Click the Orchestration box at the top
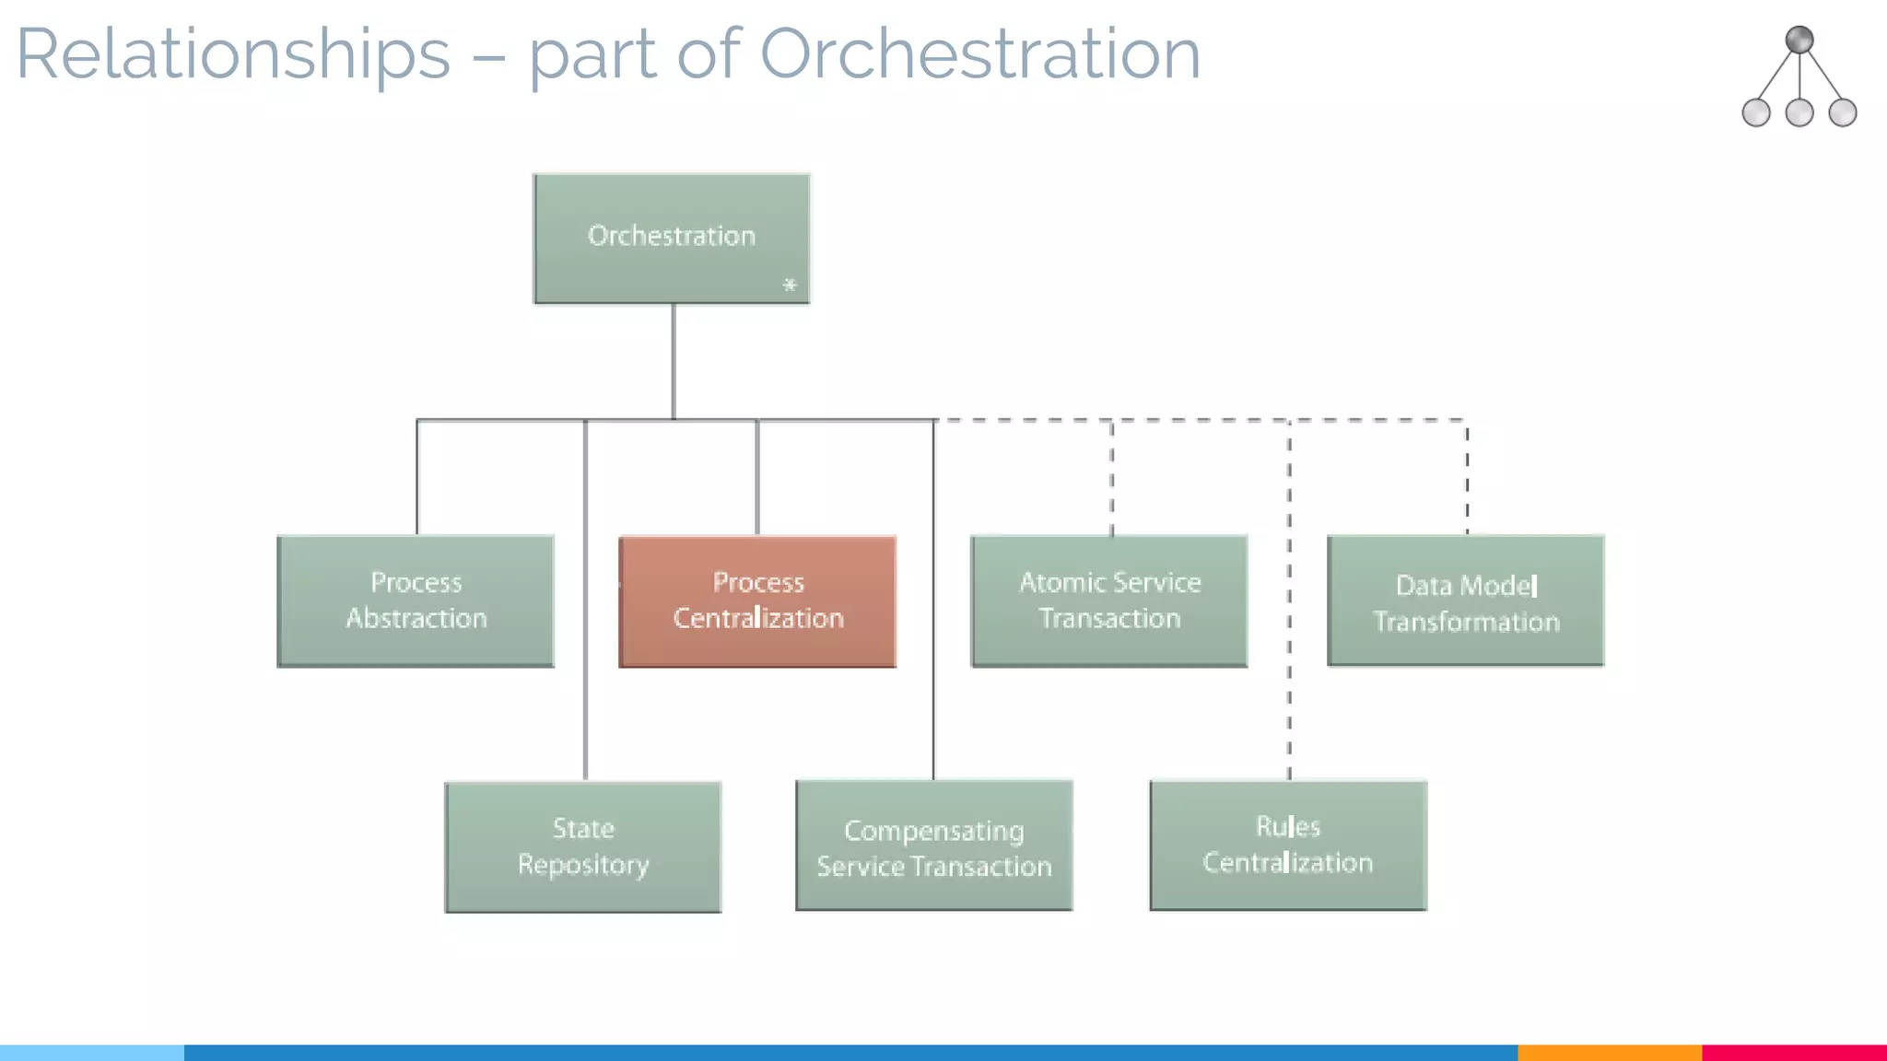pyautogui.click(x=672, y=239)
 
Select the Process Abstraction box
pyautogui.click(x=416, y=600)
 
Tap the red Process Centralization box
pyautogui.click(x=757, y=600)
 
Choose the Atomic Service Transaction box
pyautogui.click(x=1109, y=600)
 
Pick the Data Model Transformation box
pyautogui.click(x=1466, y=600)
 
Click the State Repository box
pyautogui.click(x=583, y=847)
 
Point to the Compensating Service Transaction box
pyautogui.click(x=934, y=846)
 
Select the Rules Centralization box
pyautogui.click(x=1288, y=845)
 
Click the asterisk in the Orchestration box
pyautogui.click(x=790, y=286)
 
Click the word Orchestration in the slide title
pyautogui.click(x=979, y=53)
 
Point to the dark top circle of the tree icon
pyautogui.click(x=1799, y=40)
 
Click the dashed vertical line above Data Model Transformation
pyautogui.click(x=1467, y=477)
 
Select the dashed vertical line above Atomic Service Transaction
pyautogui.click(x=1112, y=477)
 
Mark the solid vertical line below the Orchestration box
pyautogui.click(x=674, y=361)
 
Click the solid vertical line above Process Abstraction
pyautogui.click(x=417, y=477)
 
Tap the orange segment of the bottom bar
pyautogui.click(x=1609, y=1053)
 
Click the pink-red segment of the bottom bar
pyautogui.click(x=1794, y=1053)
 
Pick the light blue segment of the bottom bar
pyautogui.click(x=92, y=1053)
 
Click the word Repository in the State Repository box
pyautogui.click(x=583, y=866)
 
